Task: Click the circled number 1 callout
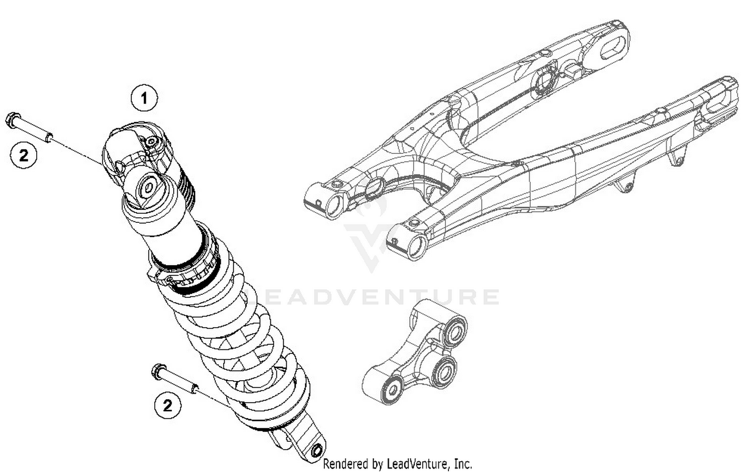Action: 144,98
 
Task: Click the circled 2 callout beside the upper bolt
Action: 23,156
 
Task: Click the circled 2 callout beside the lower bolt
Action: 167,406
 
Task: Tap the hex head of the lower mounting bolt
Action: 158,370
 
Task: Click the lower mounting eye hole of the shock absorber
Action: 315,451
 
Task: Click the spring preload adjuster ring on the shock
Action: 186,273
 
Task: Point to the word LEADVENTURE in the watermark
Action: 377,297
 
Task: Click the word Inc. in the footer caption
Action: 463,464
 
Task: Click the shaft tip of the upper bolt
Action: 50,136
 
